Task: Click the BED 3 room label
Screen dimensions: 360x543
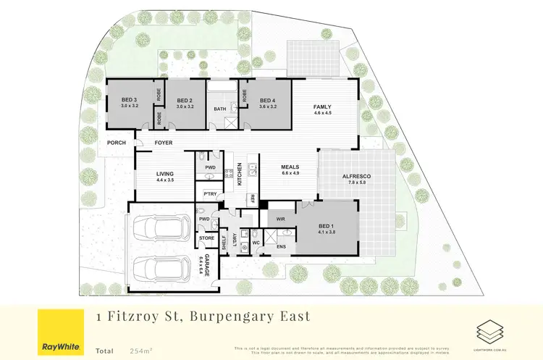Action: [x=129, y=101]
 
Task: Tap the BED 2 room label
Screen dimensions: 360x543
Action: [x=184, y=101]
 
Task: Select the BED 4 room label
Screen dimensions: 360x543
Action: [x=267, y=101]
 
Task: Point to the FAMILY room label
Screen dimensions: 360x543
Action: [x=322, y=106]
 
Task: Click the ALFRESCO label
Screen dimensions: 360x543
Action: [x=358, y=177]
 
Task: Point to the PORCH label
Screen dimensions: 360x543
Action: [x=117, y=143]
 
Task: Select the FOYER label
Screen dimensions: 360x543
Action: [x=164, y=143]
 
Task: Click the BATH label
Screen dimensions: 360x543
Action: [x=220, y=109]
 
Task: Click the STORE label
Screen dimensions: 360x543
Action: [x=206, y=238]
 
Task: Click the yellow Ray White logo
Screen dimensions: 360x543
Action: [x=58, y=332]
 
